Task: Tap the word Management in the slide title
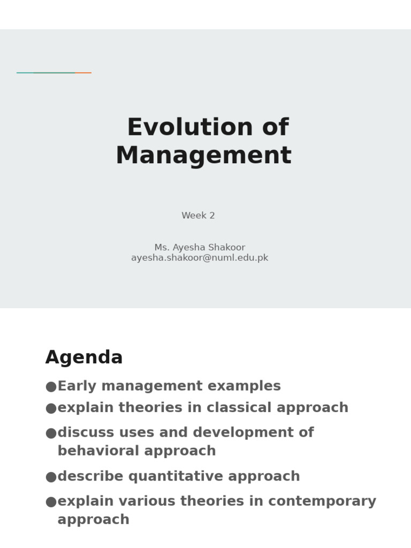click(x=203, y=156)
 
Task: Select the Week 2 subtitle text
click(x=198, y=216)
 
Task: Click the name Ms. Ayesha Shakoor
click(x=200, y=248)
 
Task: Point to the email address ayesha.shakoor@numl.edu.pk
click(x=200, y=258)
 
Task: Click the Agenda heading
click(x=84, y=357)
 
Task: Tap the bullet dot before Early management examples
click(x=51, y=386)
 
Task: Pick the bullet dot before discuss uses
click(x=51, y=432)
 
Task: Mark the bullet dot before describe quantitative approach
click(x=51, y=476)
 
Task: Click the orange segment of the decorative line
click(x=83, y=73)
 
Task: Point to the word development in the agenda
click(x=239, y=432)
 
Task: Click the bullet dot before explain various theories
click(x=51, y=501)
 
